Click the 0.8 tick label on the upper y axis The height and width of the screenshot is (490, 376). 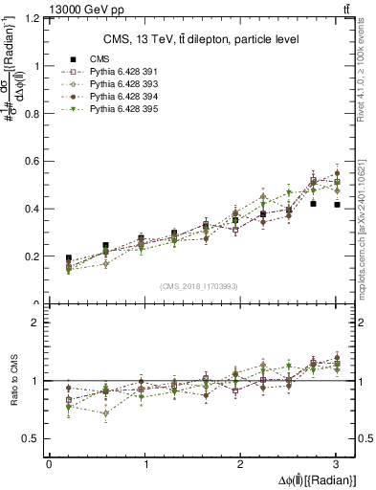coord(32,113)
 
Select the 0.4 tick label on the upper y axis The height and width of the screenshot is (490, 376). coord(32,209)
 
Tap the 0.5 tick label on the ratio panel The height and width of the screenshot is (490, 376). coord(32,438)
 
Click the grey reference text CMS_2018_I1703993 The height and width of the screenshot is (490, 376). coord(199,285)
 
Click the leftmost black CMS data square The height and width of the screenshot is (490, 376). coord(68,258)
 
